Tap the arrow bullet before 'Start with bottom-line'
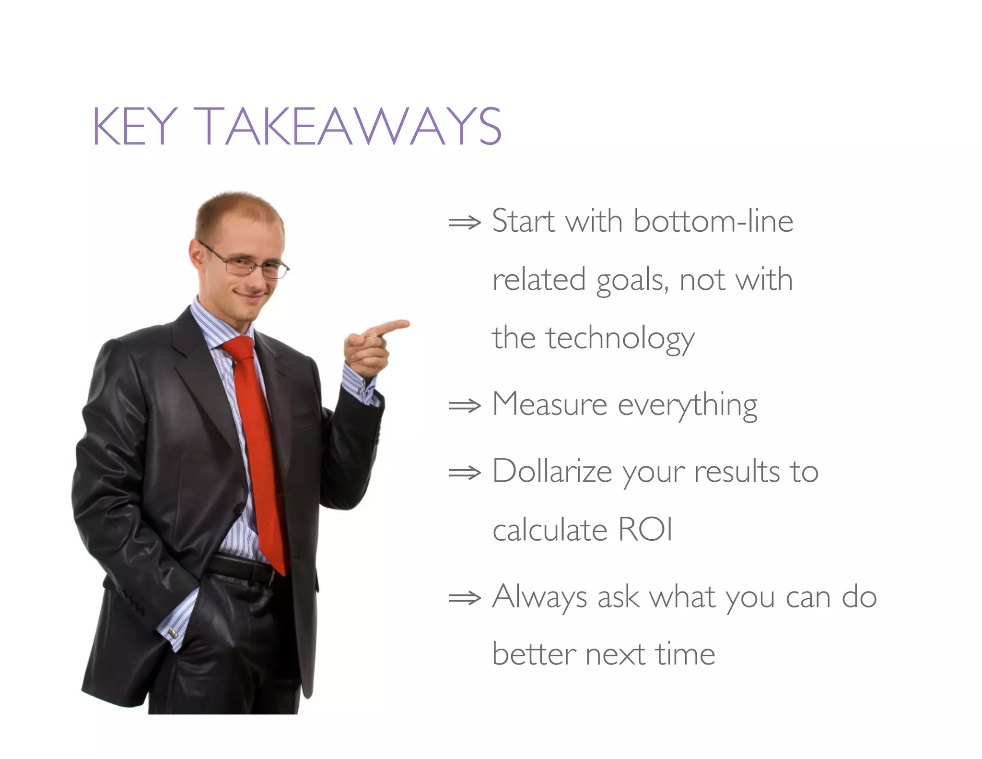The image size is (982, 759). point(464,223)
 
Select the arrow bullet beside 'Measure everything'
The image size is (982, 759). point(464,406)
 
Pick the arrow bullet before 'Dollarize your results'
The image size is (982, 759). point(464,473)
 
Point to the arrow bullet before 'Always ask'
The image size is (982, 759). point(464,598)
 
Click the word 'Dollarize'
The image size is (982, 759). point(552,472)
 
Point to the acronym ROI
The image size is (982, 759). point(645,530)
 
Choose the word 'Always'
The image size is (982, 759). point(539,598)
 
